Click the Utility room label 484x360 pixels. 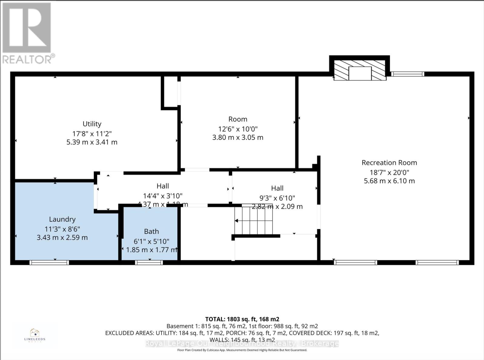92,124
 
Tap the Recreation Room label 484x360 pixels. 389,162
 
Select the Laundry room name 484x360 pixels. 62,219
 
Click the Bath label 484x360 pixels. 151,231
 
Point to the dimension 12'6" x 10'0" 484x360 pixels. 238,129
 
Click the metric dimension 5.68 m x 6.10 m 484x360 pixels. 389,181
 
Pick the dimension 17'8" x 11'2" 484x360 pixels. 92,133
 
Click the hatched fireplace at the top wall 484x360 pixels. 360,70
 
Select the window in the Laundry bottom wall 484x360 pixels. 49,262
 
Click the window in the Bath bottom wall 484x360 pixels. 149,262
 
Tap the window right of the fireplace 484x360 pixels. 407,74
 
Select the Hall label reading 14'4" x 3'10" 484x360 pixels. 163,196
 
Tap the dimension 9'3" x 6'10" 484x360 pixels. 277,198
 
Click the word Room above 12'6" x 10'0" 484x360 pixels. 238,119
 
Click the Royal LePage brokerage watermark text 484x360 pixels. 242,343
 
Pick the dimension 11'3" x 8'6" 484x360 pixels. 62,229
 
